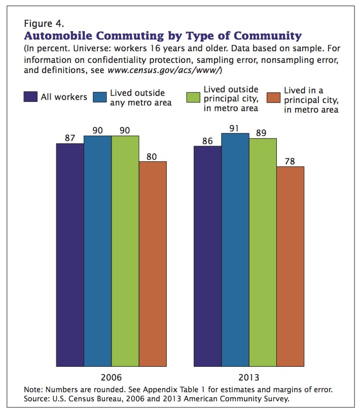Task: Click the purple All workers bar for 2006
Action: click(x=70, y=255)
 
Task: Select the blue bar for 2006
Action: click(x=98, y=251)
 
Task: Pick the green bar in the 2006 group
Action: click(x=125, y=251)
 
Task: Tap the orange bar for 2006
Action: click(x=153, y=264)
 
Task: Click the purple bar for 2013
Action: click(x=208, y=256)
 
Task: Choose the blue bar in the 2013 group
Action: click(x=235, y=250)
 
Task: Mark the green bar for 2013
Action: click(x=263, y=252)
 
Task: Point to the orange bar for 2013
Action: click(x=291, y=266)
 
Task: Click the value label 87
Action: click(x=70, y=138)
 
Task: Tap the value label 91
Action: click(x=234, y=128)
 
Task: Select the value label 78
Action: click(x=290, y=161)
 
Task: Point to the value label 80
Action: click(x=152, y=157)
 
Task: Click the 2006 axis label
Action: click(x=112, y=377)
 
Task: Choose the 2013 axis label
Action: click(x=248, y=377)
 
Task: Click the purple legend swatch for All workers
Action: click(x=30, y=96)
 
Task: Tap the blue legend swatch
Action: click(x=100, y=97)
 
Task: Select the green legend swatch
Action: click(x=193, y=97)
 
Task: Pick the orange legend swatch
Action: click(x=274, y=97)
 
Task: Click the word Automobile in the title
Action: click(x=58, y=36)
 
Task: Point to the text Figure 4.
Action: click(x=44, y=24)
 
